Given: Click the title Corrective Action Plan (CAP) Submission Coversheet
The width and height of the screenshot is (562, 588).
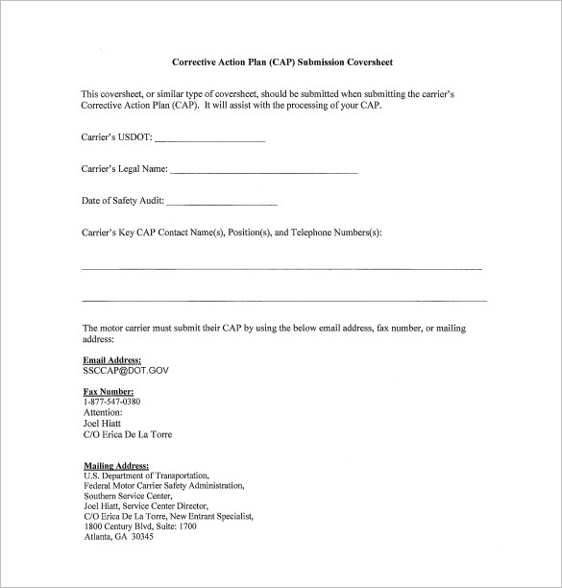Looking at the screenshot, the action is (281, 62).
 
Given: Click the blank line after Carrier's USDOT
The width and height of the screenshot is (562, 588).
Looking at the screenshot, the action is (216, 140).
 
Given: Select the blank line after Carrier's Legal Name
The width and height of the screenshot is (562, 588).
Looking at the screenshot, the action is (265, 172).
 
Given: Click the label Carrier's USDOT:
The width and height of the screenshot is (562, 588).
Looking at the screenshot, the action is (116, 137).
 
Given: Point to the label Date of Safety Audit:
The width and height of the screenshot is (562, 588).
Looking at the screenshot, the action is (123, 201).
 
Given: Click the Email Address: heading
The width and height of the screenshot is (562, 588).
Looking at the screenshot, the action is (112, 359).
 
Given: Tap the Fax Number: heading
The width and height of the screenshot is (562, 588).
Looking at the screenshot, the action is (109, 391).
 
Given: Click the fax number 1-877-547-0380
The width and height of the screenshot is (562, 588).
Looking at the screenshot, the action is (111, 402).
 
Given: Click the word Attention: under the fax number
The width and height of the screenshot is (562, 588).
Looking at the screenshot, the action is (103, 412).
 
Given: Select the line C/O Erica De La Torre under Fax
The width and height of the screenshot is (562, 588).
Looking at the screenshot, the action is (128, 434).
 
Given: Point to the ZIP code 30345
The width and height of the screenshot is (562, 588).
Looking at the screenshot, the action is (141, 536).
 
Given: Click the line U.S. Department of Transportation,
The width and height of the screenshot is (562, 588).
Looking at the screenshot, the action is (146, 476).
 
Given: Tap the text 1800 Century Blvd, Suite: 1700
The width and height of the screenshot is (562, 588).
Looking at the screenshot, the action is (140, 527).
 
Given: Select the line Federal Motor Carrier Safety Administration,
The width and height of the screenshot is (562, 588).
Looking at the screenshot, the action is (163, 485).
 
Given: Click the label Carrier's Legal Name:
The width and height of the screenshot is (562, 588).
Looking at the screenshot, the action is (125, 169).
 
